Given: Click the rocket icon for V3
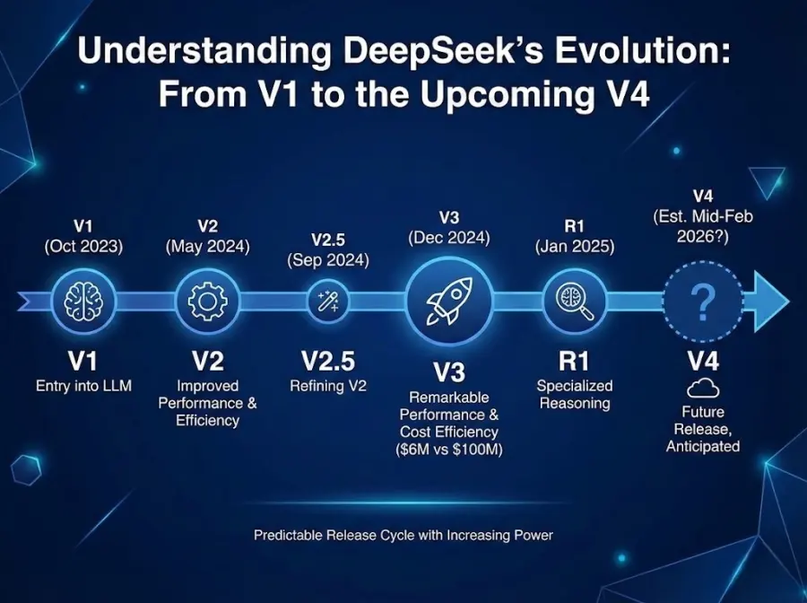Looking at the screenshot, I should click(x=448, y=300).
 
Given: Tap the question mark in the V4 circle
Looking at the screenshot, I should click(x=705, y=303).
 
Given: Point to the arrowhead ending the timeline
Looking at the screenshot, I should click(x=770, y=302).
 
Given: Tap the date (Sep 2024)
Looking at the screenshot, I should click(x=328, y=260).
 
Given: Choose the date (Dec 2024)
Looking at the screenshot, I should click(x=449, y=238).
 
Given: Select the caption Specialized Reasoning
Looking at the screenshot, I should click(x=575, y=394).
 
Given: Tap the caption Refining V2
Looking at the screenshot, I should click(x=328, y=386).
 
